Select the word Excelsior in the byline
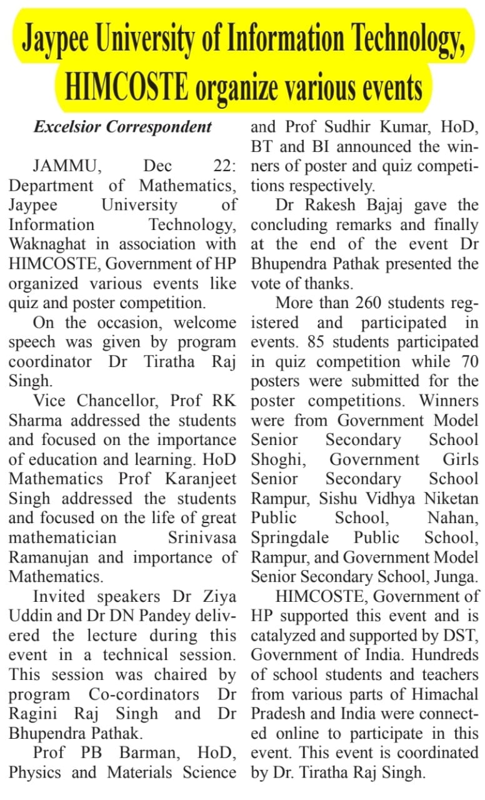(68, 127)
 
